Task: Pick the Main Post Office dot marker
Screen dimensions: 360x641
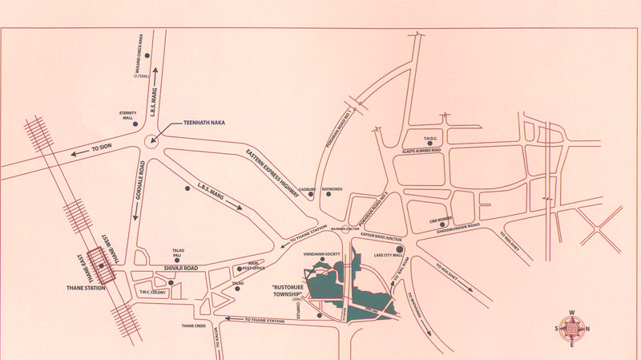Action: pyautogui.click(x=238, y=269)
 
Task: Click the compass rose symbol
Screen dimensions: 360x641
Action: pyautogui.click(x=570, y=329)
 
